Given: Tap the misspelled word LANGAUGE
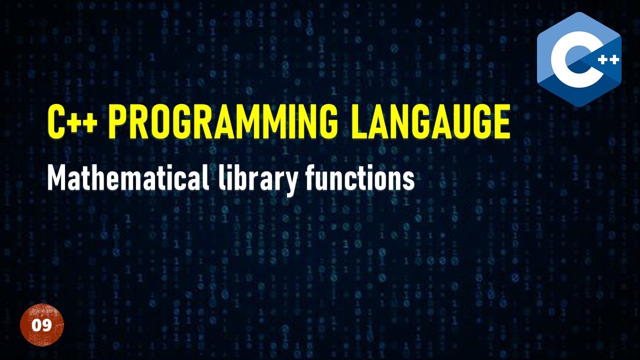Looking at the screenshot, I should (429, 121).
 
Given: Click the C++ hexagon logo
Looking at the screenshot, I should (579, 59).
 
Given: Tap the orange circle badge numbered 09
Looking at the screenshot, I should (42, 325).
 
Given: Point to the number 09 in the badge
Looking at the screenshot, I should (42, 325).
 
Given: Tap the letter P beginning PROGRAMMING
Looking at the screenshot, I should (118, 121).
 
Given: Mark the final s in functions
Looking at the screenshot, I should (409, 179).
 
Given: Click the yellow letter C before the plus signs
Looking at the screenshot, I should (56, 121).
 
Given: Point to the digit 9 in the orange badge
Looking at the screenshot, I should (47, 325).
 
